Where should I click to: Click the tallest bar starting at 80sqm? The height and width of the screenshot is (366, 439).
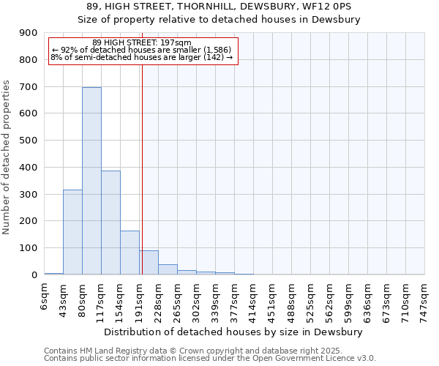(91, 181)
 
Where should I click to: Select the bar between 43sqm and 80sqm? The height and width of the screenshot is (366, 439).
(72, 232)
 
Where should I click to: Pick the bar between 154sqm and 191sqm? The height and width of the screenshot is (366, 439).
(130, 253)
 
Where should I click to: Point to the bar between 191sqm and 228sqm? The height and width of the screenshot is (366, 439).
(149, 263)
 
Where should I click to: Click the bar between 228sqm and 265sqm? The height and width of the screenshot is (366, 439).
(168, 269)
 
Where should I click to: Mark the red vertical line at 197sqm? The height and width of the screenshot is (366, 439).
(142, 168)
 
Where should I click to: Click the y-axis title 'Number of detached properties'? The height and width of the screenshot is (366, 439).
(7, 157)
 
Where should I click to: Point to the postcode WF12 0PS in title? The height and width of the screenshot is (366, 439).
(324, 6)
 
